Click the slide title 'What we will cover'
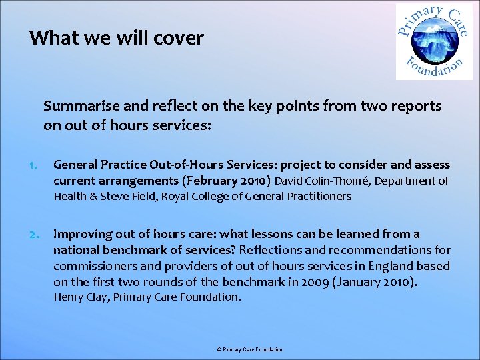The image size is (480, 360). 116,38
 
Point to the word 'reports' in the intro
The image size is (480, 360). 418,106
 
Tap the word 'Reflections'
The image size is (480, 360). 271,250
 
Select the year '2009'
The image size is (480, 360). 314,282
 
